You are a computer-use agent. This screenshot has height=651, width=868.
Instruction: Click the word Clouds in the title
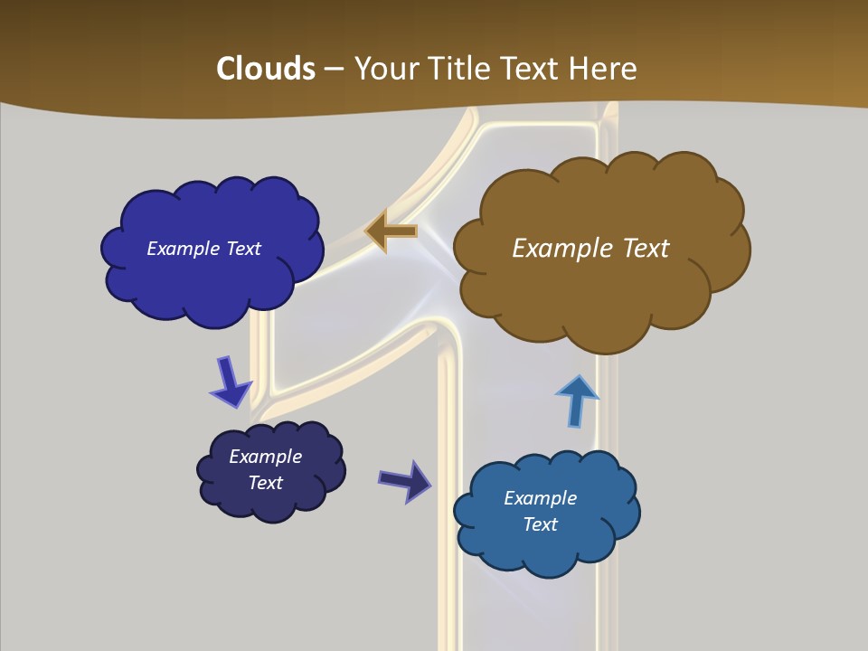coord(265,69)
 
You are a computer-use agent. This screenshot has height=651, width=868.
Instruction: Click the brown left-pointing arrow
coord(391,231)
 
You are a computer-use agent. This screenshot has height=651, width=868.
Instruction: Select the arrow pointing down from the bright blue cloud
coord(231,382)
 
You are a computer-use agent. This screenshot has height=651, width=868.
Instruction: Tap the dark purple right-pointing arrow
coord(405,480)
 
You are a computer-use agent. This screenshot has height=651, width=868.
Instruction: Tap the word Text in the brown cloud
coord(644,248)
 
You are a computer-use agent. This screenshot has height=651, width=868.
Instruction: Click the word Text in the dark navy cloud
coord(266,483)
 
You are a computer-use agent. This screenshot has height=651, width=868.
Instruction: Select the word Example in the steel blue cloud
coord(540,498)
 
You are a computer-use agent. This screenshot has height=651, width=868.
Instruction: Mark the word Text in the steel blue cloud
coord(540,524)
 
